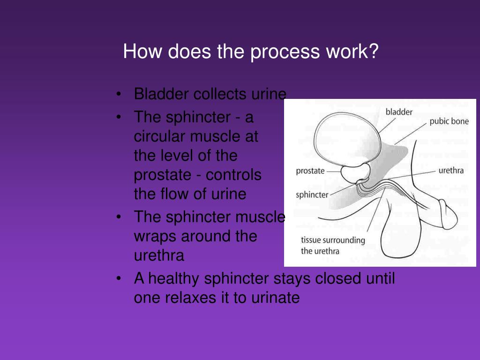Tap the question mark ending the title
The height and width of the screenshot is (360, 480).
tap(373, 52)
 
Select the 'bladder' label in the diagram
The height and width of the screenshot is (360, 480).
tap(399, 112)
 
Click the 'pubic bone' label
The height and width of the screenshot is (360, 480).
tap(449, 121)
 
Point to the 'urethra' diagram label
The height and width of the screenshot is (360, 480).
tap(451, 170)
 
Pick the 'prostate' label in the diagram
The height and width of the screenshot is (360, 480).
tap(310, 171)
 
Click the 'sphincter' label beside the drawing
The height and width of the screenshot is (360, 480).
tap(312, 195)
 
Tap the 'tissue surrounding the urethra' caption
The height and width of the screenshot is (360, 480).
tap(333, 245)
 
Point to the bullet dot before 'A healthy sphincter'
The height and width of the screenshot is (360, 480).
tap(120, 279)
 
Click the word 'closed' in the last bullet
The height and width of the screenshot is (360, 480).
tap(338, 279)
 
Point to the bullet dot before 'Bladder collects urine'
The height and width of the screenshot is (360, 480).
tap(120, 94)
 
